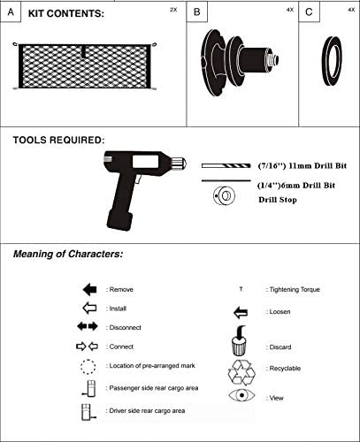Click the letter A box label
point(11,12)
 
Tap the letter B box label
point(197,12)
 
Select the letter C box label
point(309,12)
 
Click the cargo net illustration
point(85,66)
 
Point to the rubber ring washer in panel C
point(324,61)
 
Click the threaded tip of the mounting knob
point(273,60)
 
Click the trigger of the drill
point(138,179)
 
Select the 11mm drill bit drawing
point(226,166)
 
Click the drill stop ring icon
point(224,195)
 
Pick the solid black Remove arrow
point(90,289)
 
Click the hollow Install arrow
point(90,309)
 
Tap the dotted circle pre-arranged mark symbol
point(88,367)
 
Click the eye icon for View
point(241,395)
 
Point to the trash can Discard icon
point(239,341)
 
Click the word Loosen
point(280,312)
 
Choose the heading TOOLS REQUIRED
point(58,140)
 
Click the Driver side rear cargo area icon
point(88,412)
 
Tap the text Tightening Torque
point(295,290)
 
